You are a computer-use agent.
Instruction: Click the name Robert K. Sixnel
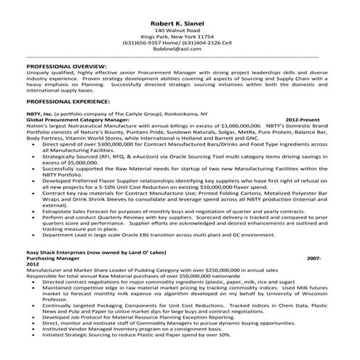(180, 24)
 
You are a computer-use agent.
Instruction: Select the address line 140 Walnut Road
(180, 33)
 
